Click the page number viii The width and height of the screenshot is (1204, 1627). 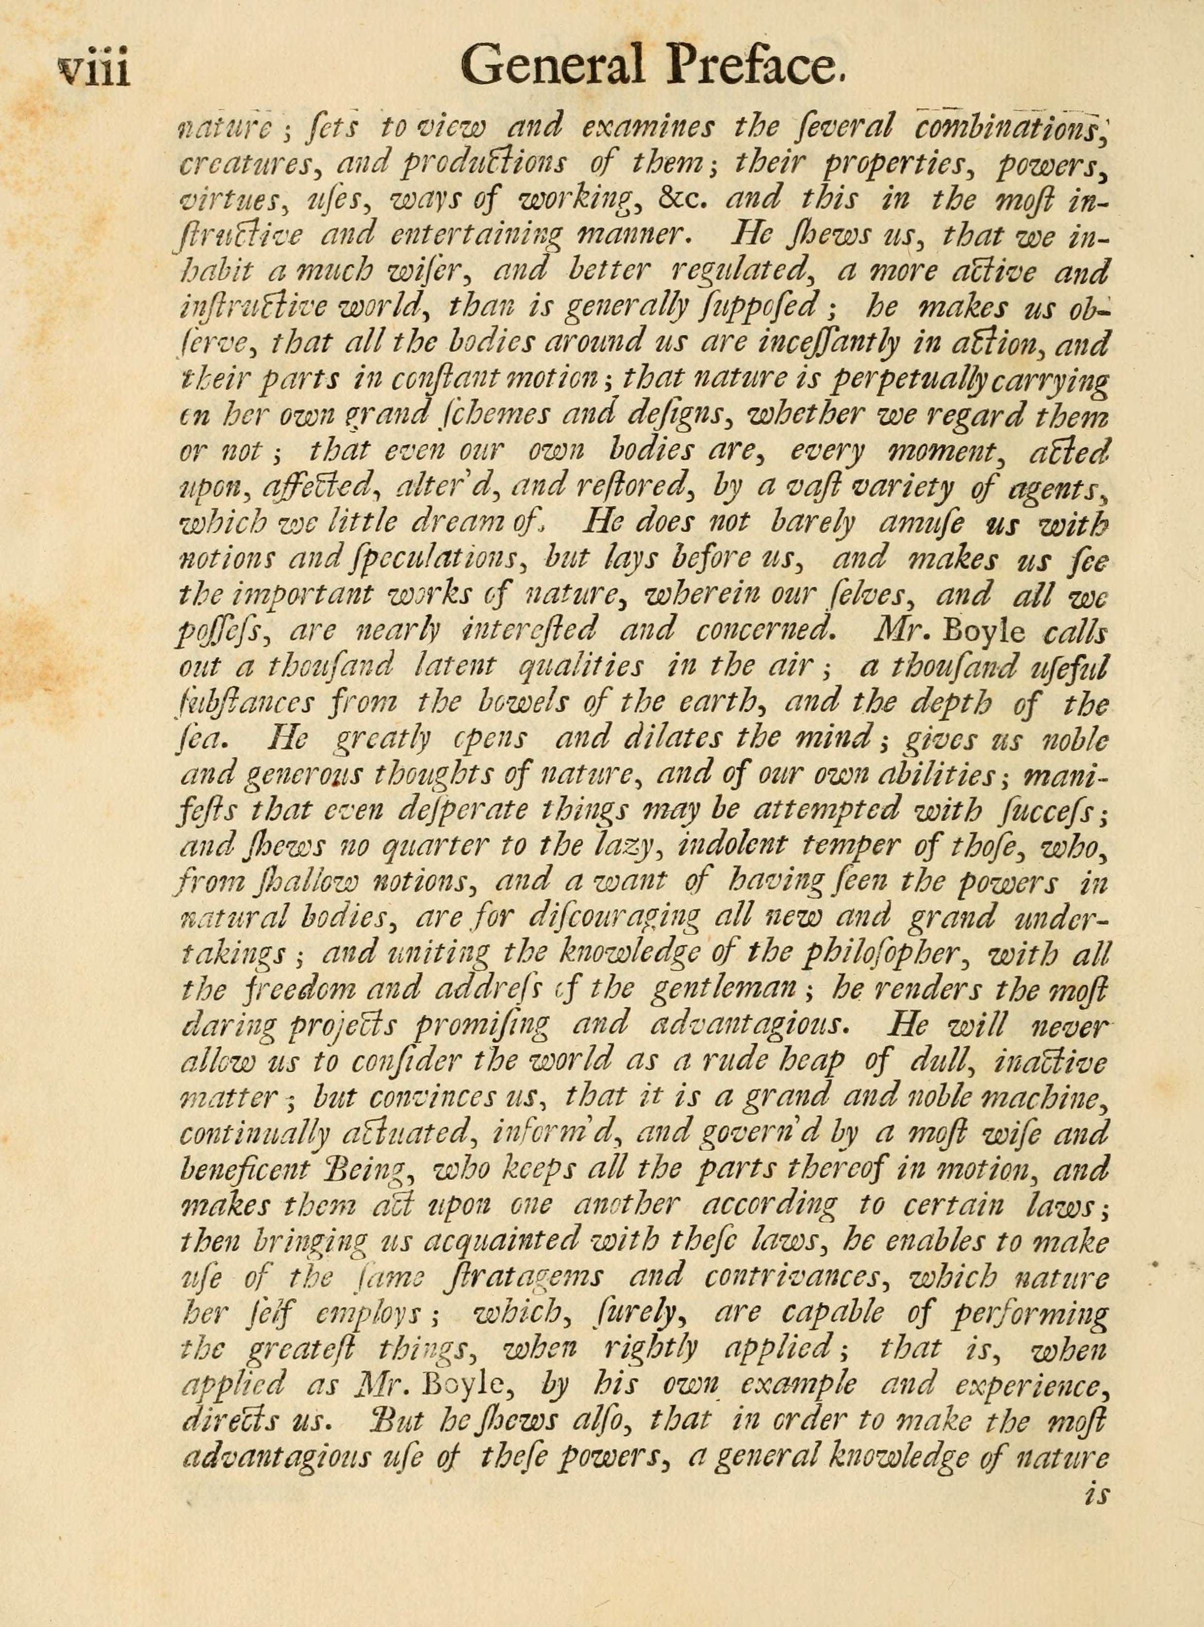(93, 71)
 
